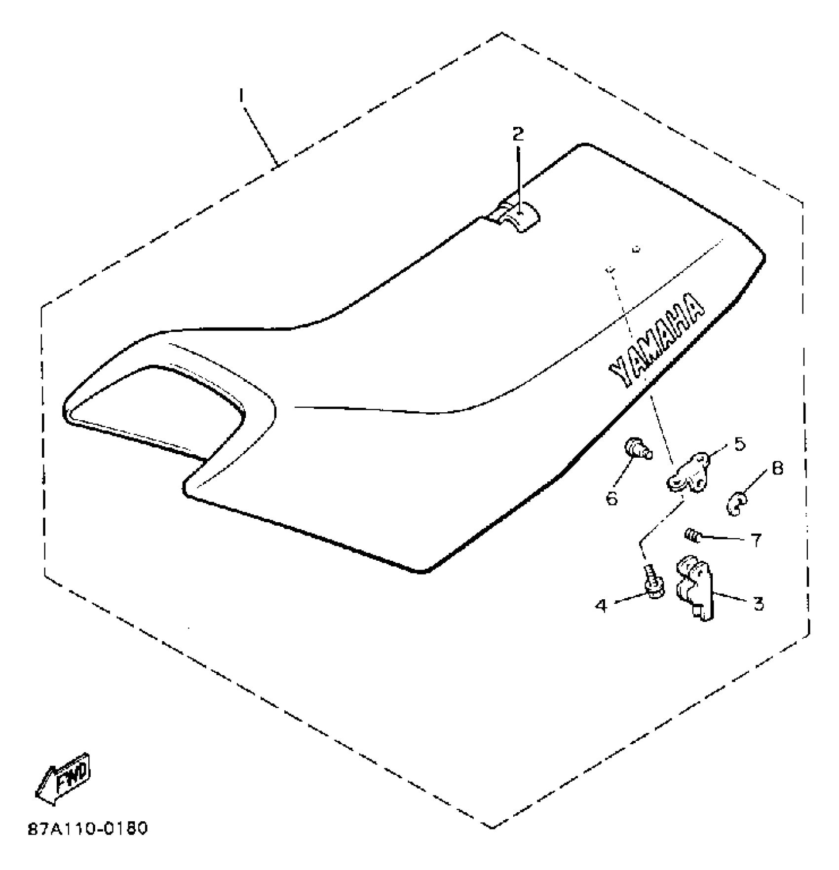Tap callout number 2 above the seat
pyautogui.click(x=517, y=133)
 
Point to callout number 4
pyautogui.click(x=601, y=605)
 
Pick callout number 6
pyautogui.click(x=612, y=499)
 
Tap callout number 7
pyautogui.click(x=756, y=540)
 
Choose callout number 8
pyautogui.click(x=777, y=469)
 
